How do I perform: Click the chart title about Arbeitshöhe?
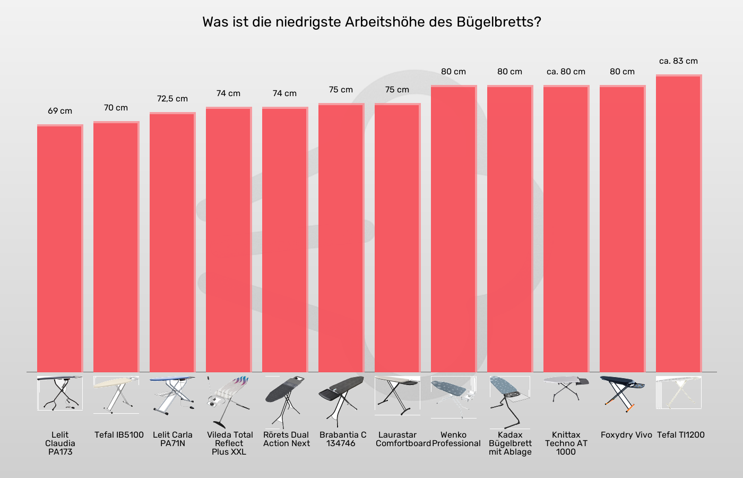(371, 22)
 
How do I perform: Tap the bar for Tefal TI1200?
(679, 223)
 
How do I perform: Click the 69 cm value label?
(60, 111)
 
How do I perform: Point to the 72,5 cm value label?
(172, 99)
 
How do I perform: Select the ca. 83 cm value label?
(678, 61)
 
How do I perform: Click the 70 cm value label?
(116, 108)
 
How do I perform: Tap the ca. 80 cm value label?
(566, 72)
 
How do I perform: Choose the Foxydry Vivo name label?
(626, 435)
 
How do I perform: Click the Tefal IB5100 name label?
(119, 435)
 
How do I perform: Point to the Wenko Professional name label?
(456, 439)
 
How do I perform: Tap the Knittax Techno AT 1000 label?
(566, 443)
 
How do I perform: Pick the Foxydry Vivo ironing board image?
(622, 394)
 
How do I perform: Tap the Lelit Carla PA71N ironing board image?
(172, 394)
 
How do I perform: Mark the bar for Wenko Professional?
(454, 229)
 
